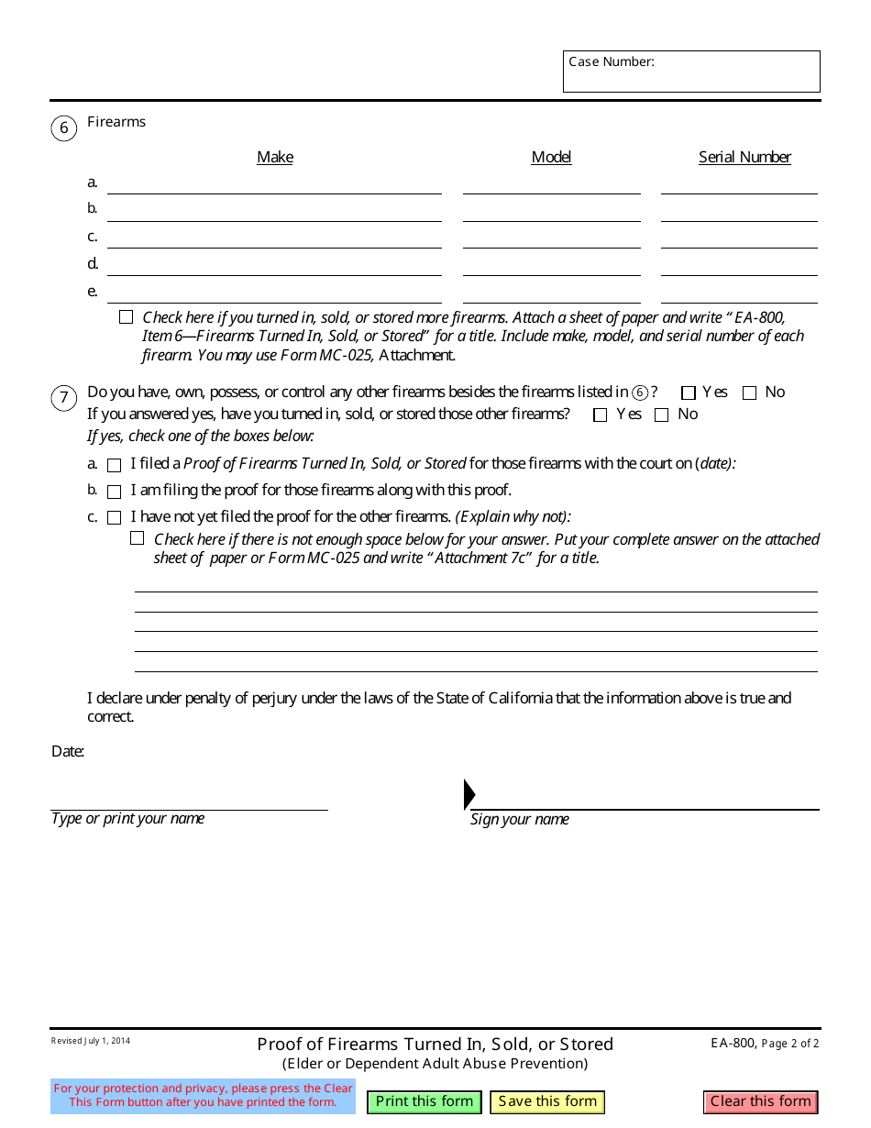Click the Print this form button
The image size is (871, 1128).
click(424, 1101)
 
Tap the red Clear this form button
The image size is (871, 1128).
click(761, 1101)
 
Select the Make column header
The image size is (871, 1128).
click(275, 157)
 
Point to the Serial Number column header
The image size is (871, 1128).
click(744, 157)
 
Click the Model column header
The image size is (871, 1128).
click(551, 157)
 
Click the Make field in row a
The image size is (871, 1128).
click(274, 183)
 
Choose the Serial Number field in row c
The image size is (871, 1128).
click(739, 238)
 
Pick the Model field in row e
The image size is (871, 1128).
click(551, 293)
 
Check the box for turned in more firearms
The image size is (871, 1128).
click(126, 317)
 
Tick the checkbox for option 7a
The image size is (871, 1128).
click(115, 465)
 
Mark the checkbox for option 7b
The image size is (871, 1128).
click(115, 492)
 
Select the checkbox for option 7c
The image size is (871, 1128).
click(115, 518)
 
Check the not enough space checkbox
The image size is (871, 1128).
click(138, 538)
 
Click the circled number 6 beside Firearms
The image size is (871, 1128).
click(63, 127)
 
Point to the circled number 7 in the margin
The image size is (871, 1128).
click(63, 398)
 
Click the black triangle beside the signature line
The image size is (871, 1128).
click(469, 794)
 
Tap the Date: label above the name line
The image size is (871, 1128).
click(68, 751)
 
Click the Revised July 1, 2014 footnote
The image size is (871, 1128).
click(91, 1041)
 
